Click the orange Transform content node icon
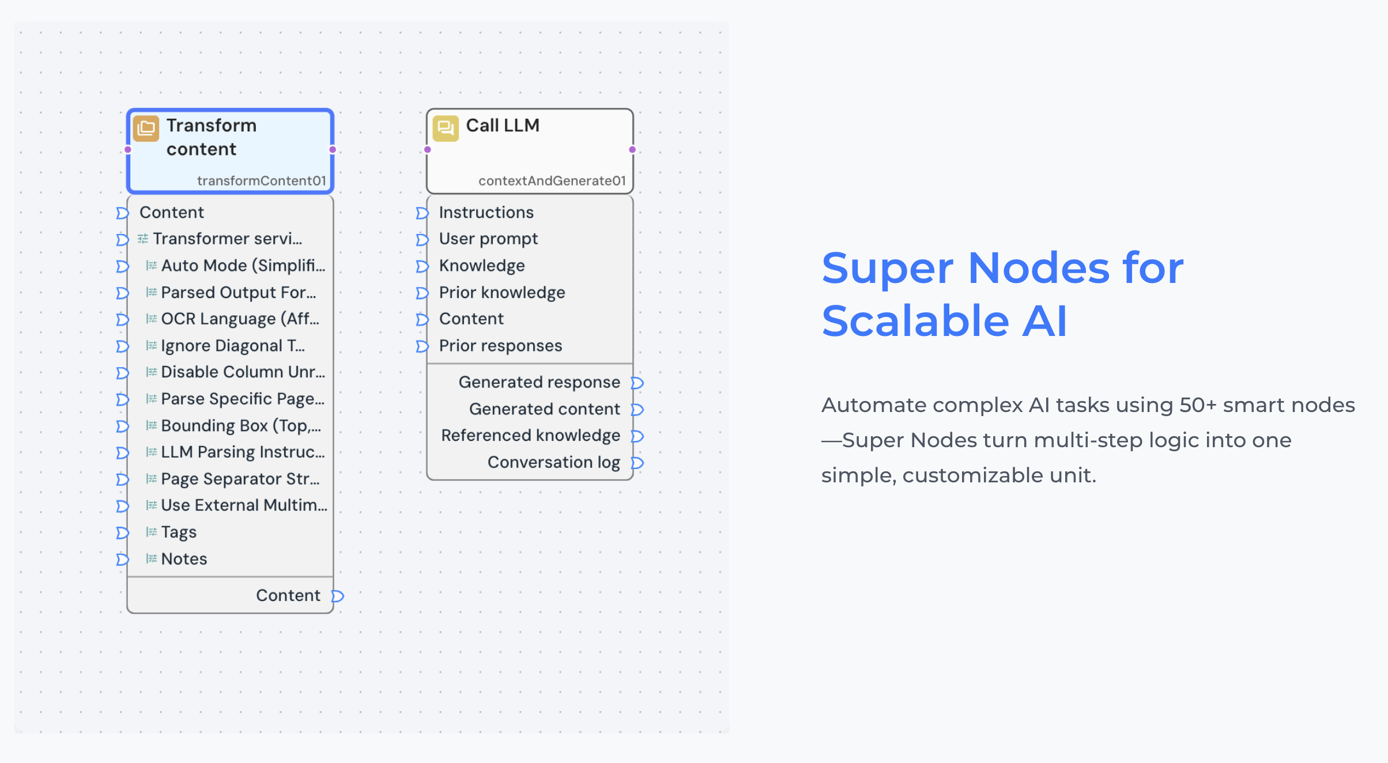pyautogui.click(x=146, y=128)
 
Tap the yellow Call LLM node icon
pyautogui.click(x=446, y=128)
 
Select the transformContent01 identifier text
pyautogui.click(x=262, y=180)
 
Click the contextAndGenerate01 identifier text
pyautogui.click(x=552, y=180)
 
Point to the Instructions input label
pyautogui.click(x=486, y=213)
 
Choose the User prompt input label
pyautogui.click(x=488, y=239)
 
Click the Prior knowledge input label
pyautogui.click(x=502, y=293)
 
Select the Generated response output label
pyautogui.click(x=540, y=383)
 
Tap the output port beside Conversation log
pyautogui.click(x=637, y=463)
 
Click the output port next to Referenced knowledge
pyautogui.click(x=637, y=436)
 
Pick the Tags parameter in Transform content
pyautogui.click(x=179, y=532)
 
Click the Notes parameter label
pyautogui.click(x=184, y=559)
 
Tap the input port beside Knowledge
pyautogui.click(x=422, y=266)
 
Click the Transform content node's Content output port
pyautogui.click(x=338, y=596)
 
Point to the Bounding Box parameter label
pyautogui.click(x=241, y=426)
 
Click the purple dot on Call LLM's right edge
pyautogui.click(x=632, y=150)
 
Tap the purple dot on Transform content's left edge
pyautogui.click(x=128, y=150)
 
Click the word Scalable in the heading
pyautogui.click(x=916, y=321)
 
